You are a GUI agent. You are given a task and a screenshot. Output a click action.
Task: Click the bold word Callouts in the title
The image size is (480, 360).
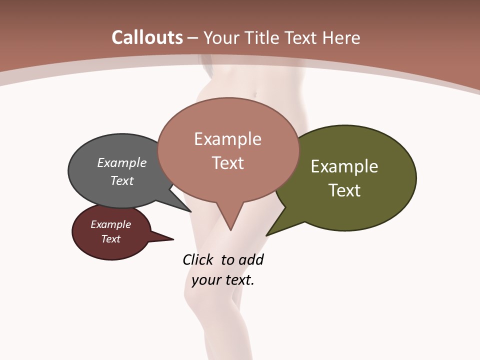[147, 37]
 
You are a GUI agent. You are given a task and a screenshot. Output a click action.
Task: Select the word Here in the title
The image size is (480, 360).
[342, 38]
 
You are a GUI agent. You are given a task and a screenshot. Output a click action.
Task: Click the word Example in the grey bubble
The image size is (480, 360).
[122, 162]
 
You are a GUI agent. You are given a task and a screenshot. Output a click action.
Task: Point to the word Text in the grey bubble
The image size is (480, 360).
[122, 180]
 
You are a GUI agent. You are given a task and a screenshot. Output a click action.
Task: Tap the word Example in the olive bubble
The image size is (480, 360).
[344, 166]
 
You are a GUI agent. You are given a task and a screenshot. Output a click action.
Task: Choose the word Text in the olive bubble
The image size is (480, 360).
[344, 190]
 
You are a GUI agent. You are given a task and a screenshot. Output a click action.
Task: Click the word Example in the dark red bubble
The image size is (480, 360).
[111, 224]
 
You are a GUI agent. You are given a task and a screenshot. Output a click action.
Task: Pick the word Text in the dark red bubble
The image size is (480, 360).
[111, 239]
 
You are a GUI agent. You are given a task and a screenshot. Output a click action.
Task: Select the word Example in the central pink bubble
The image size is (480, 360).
[228, 139]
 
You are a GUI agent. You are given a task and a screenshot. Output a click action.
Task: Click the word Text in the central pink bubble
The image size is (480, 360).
[228, 163]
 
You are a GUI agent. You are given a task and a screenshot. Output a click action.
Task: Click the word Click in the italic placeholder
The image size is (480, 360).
[197, 259]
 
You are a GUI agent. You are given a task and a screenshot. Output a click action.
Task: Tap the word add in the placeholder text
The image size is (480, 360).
[251, 259]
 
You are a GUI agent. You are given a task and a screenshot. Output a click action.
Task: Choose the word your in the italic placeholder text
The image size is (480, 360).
[205, 280]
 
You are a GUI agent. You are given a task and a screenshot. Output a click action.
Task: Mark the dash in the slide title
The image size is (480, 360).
[193, 38]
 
